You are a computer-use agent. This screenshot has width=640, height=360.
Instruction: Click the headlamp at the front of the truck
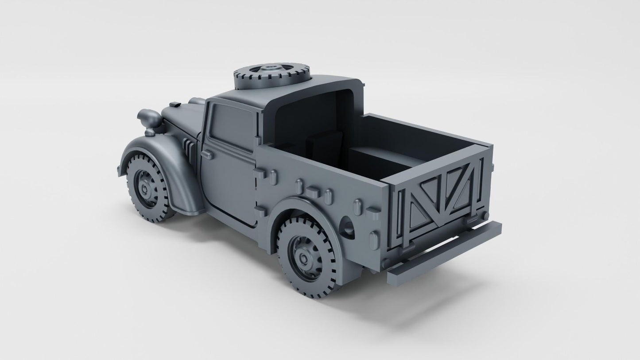[149, 118]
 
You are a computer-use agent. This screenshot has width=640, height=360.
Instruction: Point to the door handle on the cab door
[206, 154]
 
